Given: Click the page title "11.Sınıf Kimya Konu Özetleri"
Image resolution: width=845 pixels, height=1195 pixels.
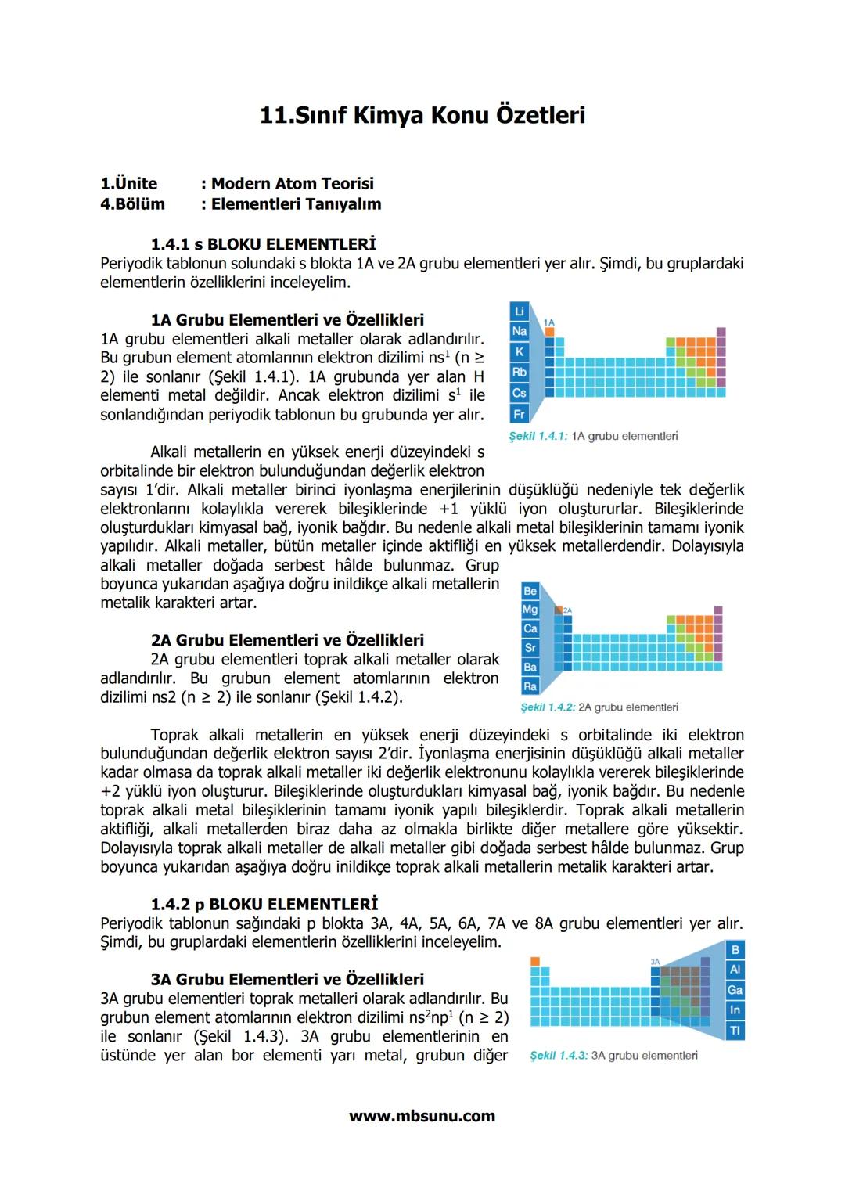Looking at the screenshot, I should [x=422, y=115].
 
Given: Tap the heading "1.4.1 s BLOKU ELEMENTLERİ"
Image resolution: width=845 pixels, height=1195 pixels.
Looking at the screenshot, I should [x=263, y=244].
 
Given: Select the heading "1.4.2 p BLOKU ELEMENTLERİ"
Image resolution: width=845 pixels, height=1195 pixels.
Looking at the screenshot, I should [x=264, y=904].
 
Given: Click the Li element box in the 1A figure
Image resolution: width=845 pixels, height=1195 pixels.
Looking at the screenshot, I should [x=519, y=311].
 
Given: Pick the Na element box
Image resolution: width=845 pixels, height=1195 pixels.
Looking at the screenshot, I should [x=519, y=331].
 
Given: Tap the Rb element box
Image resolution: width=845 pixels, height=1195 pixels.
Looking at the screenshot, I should [x=519, y=372].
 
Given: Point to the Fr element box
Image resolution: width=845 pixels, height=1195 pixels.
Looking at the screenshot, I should [x=519, y=413].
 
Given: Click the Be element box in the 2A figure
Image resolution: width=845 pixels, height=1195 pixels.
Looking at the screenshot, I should [x=530, y=591].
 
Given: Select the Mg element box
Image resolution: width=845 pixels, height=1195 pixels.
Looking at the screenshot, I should [x=530, y=610].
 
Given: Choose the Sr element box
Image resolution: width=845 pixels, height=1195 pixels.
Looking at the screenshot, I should [x=530, y=648].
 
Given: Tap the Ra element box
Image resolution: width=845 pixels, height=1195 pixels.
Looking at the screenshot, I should [x=530, y=686].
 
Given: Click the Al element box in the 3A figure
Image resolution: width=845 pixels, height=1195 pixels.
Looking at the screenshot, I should [x=735, y=970].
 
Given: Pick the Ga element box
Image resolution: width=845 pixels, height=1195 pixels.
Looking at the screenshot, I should [x=735, y=990].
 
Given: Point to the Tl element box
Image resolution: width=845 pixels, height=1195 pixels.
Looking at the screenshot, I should [x=735, y=1031].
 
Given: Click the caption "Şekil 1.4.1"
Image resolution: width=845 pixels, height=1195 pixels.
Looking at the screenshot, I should [x=538, y=436].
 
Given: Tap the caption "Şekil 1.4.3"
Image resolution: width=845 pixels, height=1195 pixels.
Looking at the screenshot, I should [x=558, y=1056].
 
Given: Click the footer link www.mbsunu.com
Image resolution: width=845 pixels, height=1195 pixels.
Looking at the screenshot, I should [x=422, y=1116].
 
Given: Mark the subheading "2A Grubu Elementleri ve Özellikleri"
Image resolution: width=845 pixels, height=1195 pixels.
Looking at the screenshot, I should [x=287, y=640].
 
